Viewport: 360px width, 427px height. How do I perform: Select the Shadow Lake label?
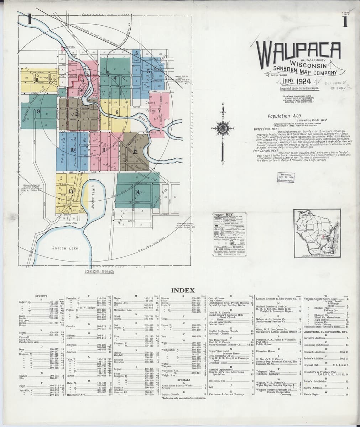pyautogui.click(x=62, y=248)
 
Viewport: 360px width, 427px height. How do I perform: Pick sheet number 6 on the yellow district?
pyautogui.click(x=117, y=112)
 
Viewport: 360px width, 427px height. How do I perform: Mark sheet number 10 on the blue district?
pyautogui.click(x=72, y=149)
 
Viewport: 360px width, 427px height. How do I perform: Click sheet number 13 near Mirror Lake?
pyautogui.click(x=71, y=191)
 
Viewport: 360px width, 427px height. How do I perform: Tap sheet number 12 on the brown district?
pyautogui.click(x=135, y=152)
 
